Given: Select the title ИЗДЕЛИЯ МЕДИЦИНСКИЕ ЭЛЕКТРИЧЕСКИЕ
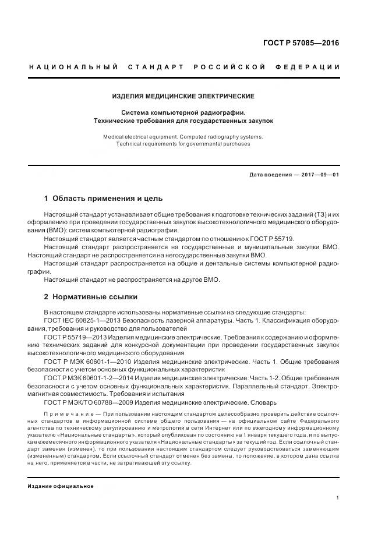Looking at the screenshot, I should [x=183, y=96].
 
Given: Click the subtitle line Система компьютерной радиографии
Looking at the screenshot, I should [x=183, y=112].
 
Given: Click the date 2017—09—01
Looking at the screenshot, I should [x=319, y=175].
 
